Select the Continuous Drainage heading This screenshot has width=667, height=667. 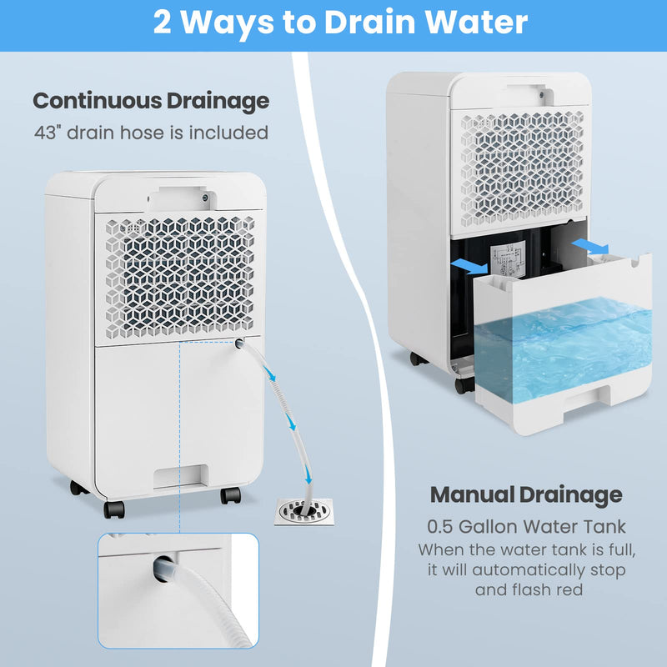[x=151, y=101]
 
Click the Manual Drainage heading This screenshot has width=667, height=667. [x=525, y=494]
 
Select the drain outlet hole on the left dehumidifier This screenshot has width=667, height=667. [x=239, y=344]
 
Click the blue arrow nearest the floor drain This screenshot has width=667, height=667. [x=310, y=475]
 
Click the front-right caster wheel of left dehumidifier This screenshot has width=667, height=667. [x=230, y=495]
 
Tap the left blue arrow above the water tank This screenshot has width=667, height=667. [x=471, y=266]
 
